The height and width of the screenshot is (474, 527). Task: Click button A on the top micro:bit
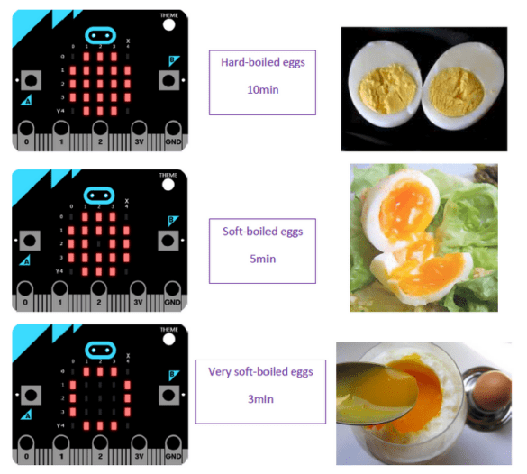tap(31, 80)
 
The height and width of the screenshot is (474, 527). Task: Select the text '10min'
tap(262, 90)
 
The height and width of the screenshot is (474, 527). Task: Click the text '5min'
tap(262, 260)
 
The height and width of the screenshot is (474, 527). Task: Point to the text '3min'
tap(262, 397)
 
